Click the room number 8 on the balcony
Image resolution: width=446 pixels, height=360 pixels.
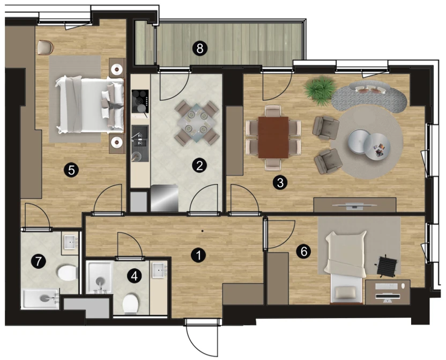click(199, 48)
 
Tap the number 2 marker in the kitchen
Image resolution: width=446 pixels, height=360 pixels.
click(199, 165)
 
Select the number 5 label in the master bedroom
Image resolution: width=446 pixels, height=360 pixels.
click(71, 170)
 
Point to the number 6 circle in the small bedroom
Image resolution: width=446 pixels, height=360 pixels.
click(304, 251)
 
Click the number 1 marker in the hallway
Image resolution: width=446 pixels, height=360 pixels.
click(198, 255)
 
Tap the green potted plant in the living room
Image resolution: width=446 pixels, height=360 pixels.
click(320, 88)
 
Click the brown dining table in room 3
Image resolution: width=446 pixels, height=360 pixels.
click(273, 137)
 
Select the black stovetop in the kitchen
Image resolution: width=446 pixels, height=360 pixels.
click(140, 101)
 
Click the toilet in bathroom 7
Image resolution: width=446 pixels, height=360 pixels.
click(68, 273)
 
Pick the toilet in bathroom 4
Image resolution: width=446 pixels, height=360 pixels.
click(131, 304)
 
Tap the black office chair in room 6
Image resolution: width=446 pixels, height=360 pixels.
click(386, 266)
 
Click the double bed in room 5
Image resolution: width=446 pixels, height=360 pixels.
click(90, 105)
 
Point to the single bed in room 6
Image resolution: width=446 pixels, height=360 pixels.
click(346, 267)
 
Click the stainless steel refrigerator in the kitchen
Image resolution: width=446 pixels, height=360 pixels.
click(165, 198)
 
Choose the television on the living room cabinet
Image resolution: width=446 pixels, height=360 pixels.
click(354, 206)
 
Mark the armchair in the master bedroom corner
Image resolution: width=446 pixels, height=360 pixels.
click(45, 47)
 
